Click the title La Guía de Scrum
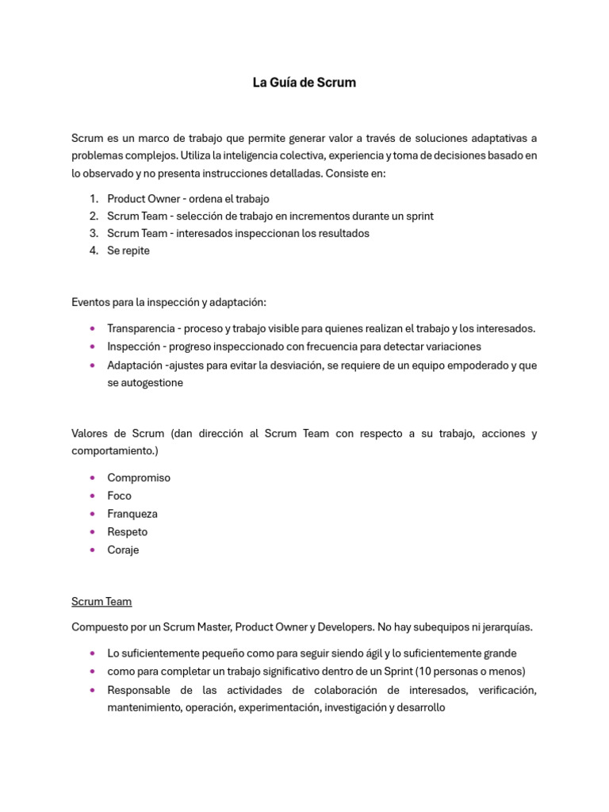pyautogui.click(x=304, y=82)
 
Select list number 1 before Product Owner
pyautogui.click(x=93, y=198)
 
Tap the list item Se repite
pyautogui.click(x=128, y=251)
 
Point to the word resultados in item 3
pyautogui.click(x=343, y=233)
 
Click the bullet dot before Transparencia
pyautogui.click(x=93, y=328)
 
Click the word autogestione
pyautogui.click(x=145, y=382)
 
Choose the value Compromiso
pyautogui.click(x=139, y=477)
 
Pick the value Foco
pyautogui.click(x=120, y=496)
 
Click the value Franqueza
pyautogui.click(x=132, y=514)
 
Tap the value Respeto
pyautogui.click(x=128, y=532)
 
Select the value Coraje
pyautogui.click(x=123, y=550)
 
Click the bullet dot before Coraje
pyautogui.click(x=93, y=550)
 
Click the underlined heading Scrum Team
pyautogui.click(x=101, y=602)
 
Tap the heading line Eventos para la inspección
pyautogui.click(x=169, y=302)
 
